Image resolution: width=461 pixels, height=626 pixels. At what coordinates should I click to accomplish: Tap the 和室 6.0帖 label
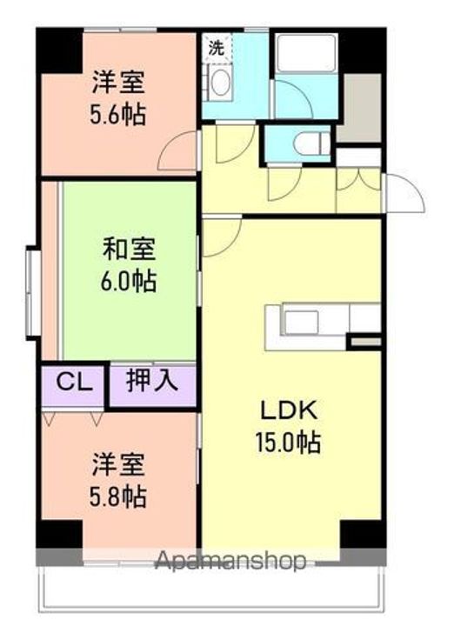pyautogui.click(x=130, y=266)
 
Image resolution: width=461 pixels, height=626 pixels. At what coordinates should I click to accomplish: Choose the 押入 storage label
pyautogui.click(x=151, y=381)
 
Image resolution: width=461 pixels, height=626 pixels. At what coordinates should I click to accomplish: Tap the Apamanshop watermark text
pyautogui.click(x=230, y=561)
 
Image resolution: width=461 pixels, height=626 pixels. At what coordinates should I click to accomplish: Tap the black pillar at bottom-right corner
pyautogui.click(x=362, y=536)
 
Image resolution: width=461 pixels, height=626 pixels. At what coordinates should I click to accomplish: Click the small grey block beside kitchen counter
pyautogui.click(x=364, y=342)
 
